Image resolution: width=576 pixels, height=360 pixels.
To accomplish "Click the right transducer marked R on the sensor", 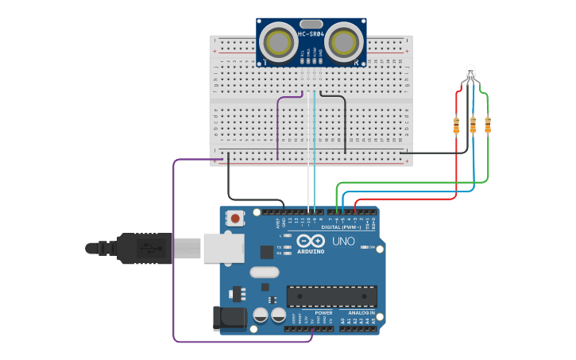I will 342,43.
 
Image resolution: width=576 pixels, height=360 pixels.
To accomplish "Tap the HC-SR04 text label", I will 311,34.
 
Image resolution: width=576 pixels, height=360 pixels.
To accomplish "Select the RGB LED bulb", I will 470,72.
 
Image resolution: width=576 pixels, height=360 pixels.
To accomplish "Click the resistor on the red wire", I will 456,125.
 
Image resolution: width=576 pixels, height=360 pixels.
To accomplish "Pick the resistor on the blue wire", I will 473,125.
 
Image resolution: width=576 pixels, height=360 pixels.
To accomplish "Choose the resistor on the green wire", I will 488,125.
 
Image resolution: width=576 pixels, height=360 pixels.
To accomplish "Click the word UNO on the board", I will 343,242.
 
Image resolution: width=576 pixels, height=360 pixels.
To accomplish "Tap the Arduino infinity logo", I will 311,241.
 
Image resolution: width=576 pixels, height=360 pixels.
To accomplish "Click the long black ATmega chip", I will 331,296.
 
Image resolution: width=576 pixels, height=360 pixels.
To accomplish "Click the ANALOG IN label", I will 359,313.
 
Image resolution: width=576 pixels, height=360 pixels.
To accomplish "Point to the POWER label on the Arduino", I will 323,313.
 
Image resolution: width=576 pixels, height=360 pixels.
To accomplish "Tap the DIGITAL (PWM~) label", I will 342,227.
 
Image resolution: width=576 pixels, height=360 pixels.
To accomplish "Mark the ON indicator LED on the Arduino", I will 364,247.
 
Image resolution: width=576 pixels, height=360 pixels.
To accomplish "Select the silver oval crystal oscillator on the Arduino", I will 264,273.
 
